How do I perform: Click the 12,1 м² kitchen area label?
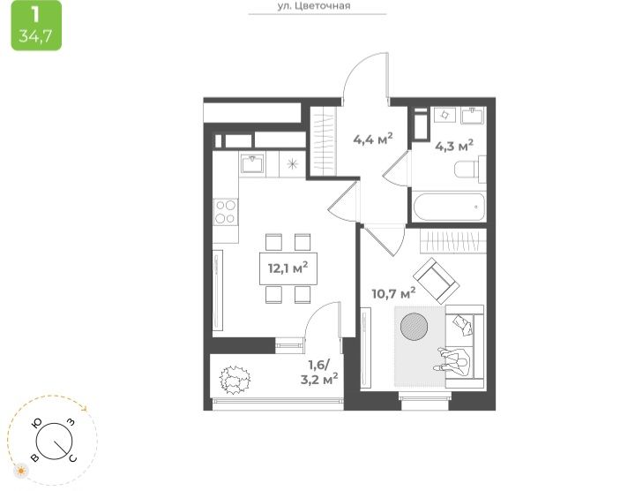[x=288, y=268]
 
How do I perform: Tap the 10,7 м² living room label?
[x=393, y=292]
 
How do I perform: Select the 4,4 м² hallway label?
[x=373, y=139]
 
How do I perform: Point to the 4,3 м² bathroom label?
[x=454, y=146]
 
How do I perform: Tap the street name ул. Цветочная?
[x=314, y=6]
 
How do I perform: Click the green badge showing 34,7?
[x=36, y=25]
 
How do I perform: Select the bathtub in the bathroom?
[x=448, y=207]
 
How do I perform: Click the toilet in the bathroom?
[x=470, y=169]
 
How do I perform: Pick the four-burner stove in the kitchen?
[x=226, y=212]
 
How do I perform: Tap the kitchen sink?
[x=252, y=163]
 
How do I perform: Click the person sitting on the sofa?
[x=453, y=361]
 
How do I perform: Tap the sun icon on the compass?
[x=21, y=472]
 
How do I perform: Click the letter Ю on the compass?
[x=37, y=423]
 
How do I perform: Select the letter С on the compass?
[x=72, y=458]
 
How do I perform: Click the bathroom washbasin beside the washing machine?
[x=474, y=115]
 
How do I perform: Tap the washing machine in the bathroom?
[x=445, y=115]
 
